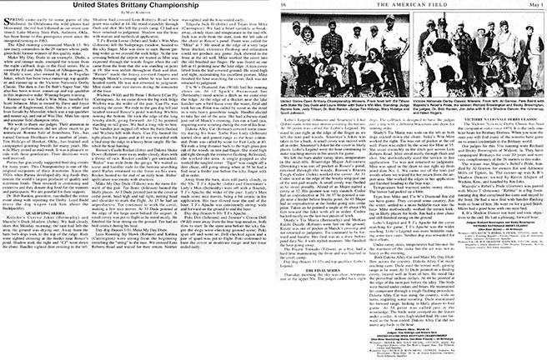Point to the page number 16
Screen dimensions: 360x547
click(x=286, y=6)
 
